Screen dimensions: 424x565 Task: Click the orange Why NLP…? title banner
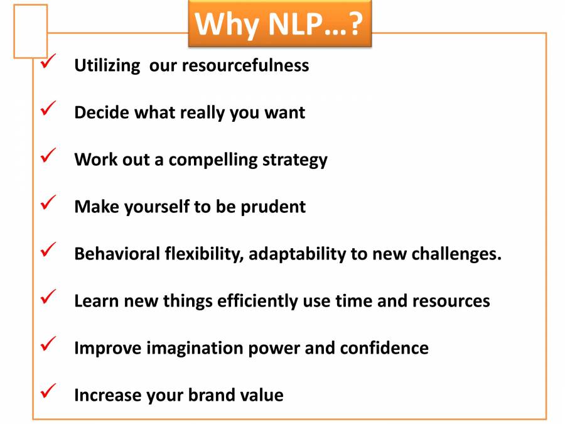[x=280, y=24]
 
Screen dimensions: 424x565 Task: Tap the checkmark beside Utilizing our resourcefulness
[x=48, y=62]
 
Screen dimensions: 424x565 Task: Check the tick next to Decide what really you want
[x=48, y=109]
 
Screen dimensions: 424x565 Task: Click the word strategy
[x=295, y=160]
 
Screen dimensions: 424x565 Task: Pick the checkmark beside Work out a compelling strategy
[x=48, y=156]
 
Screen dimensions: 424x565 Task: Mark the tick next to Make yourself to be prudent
[x=48, y=204]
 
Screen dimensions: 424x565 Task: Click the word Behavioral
[x=117, y=254]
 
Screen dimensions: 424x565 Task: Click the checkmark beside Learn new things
[x=48, y=298]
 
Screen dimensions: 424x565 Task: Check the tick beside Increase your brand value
[x=48, y=392]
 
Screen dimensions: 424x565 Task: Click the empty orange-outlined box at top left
[x=30, y=31]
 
